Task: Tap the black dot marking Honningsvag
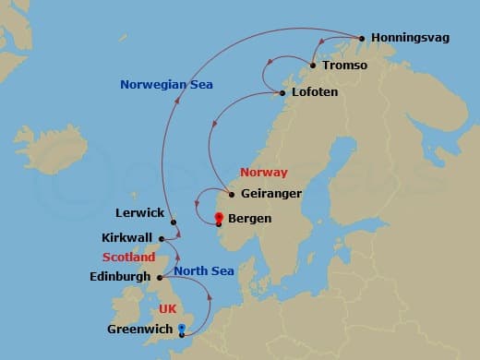coord(362,39)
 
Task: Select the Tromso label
coord(345,66)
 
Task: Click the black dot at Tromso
coord(314,66)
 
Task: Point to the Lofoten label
coord(314,93)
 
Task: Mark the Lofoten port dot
coord(282,93)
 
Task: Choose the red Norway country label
coord(263,173)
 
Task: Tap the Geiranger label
coord(270,195)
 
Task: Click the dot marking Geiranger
coord(231,195)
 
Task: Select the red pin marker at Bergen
coord(219,219)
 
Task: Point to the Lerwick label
coord(140,213)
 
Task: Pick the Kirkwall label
coord(126,238)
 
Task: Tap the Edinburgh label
coord(122,277)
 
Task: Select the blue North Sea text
coord(204,270)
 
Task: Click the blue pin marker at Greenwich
coord(181,329)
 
